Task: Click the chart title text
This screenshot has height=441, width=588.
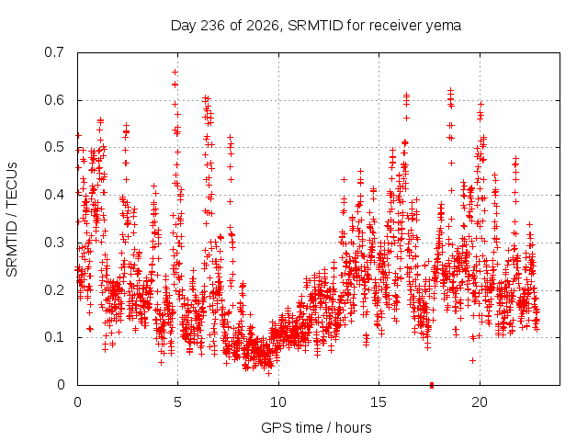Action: coord(316,26)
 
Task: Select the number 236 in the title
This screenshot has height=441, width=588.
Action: coord(212,26)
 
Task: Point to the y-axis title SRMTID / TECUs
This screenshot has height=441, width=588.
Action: coord(12,220)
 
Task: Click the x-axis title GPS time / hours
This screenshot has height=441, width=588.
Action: coord(316,427)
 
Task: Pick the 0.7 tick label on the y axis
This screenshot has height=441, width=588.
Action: coord(54,52)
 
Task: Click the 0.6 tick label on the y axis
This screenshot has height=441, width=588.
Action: coord(54,100)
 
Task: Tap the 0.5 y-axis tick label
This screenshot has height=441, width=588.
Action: coord(54,147)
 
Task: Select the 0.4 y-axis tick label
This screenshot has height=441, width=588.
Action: coord(54,195)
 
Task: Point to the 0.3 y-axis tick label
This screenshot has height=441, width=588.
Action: coord(54,243)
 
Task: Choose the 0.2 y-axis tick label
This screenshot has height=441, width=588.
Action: coord(54,290)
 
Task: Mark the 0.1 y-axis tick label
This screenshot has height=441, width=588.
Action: coord(54,337)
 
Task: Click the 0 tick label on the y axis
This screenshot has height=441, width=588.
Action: coord(61,385)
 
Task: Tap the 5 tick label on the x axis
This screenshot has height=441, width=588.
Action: coord(177,402)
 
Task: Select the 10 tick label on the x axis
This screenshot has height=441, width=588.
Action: coord(278,402)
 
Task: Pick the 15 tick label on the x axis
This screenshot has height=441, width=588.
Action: coord(379,402)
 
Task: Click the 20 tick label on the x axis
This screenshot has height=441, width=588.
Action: coord(480,402)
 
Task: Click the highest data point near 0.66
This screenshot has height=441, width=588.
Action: coord(175,72)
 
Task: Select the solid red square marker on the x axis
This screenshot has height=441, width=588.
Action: coord(432,385)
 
